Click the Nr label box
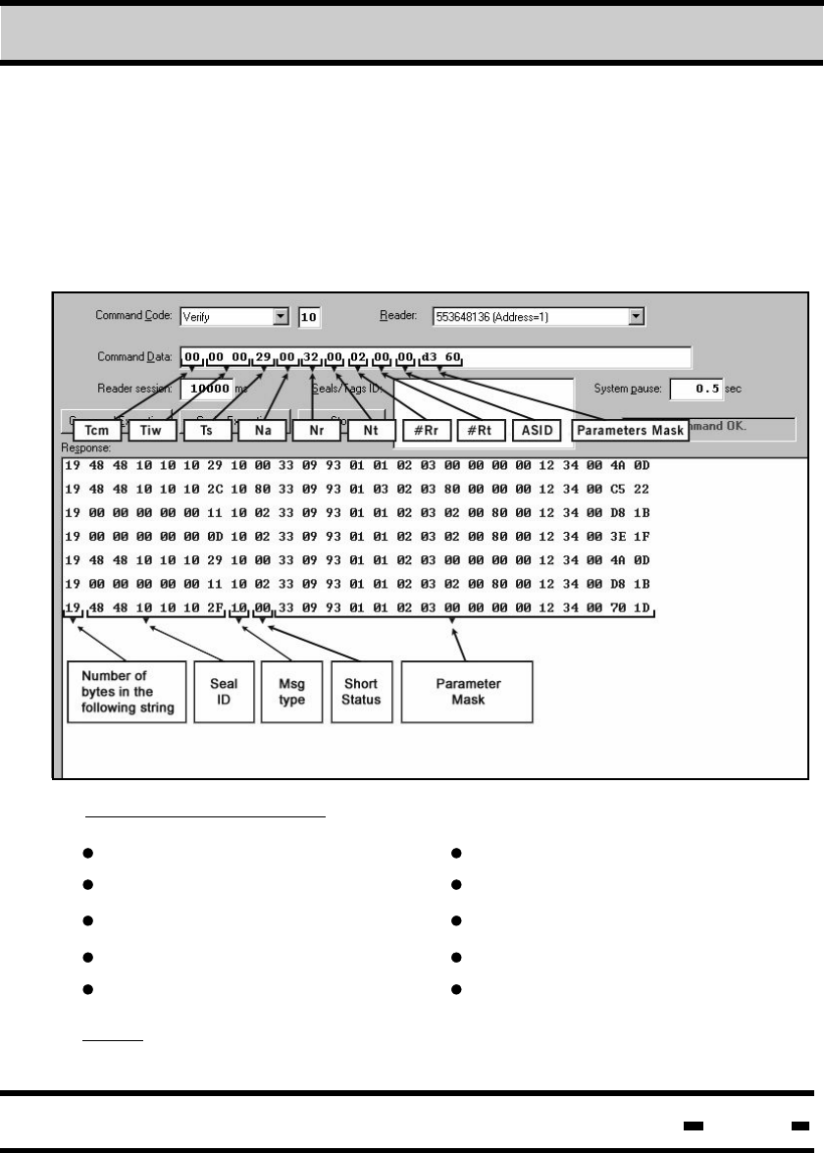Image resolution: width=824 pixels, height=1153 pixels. (x=315, y=430)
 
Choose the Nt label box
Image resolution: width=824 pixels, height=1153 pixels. (x=371, y=430)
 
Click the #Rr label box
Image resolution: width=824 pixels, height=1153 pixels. (x=427, y=430)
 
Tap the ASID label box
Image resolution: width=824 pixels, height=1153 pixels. (x=537, y=430)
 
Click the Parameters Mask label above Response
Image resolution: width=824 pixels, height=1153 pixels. (x=628, y=430)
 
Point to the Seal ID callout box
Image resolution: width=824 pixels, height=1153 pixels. (x=218, y=691)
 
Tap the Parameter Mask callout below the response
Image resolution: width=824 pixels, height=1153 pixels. (x=468, y=691)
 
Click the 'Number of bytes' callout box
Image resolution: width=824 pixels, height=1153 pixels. (x=127, y=691)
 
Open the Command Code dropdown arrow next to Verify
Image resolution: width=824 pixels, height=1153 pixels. (x=281, y=317)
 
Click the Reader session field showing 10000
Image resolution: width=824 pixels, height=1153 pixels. (x=207, y=389)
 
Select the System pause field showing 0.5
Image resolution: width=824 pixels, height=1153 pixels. (x=695, y=389)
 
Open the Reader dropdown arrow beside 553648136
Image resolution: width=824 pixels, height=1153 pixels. (x=636, y=317)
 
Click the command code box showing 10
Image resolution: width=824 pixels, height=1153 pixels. (x=310, y=317)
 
